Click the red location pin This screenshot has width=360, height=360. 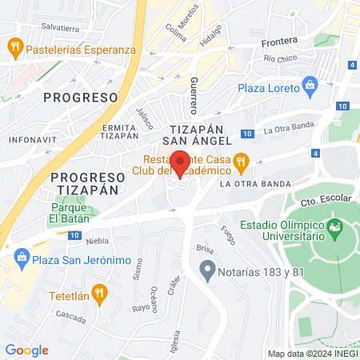click(180, 162)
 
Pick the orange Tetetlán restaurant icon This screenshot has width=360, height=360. click(99, 294)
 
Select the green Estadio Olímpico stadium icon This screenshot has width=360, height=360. click(335, 229)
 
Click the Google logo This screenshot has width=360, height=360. click(26, 350)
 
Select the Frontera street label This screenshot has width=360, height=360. click(278, 41)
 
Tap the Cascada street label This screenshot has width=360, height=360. click(71, 318)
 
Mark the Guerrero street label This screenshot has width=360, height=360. click(194, 96)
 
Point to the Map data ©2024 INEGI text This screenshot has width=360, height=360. click(312, 353)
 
